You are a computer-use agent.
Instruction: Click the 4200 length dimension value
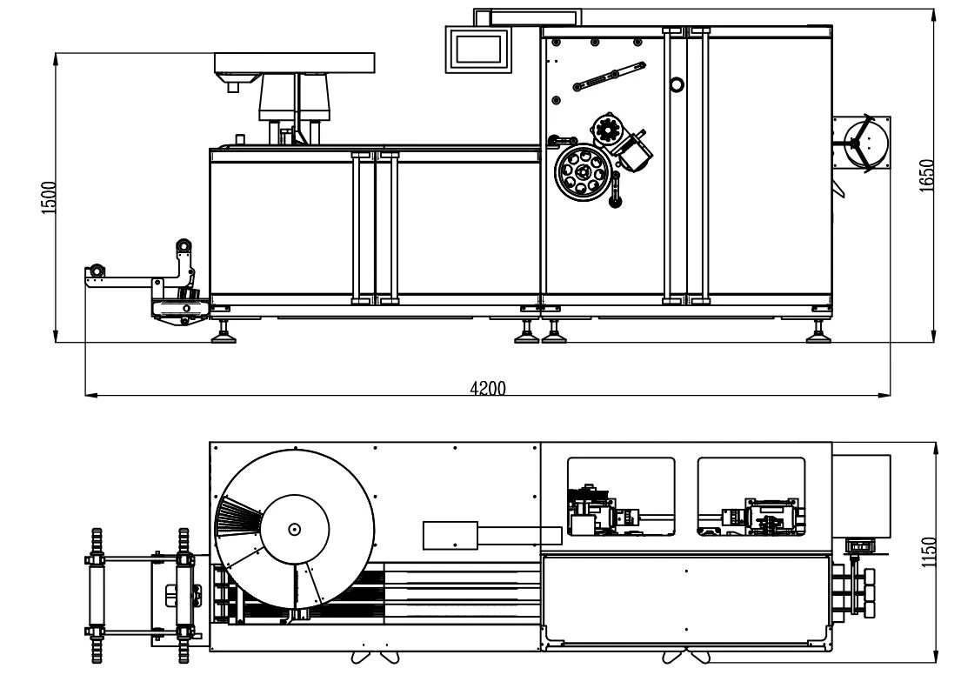[x=488, y=388]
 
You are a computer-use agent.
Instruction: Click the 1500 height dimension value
[x=49, y=197]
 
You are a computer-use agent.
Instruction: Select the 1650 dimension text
[x=926, y=176]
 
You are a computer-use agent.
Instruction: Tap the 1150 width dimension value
[x=929, y=551]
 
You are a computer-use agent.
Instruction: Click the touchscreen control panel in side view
[x=478, y=49]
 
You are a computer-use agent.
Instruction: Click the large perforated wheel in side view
[x=583, y=172]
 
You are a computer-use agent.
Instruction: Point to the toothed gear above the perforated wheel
[x=608, y=130]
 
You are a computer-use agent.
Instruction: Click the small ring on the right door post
[x=677, y=84]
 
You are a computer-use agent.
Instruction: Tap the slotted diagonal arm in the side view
[x=609, y=76]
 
